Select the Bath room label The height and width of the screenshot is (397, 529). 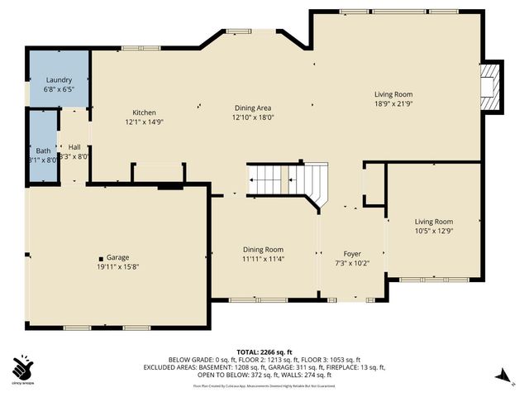point(43,151)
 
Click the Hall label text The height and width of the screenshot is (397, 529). point(74,146)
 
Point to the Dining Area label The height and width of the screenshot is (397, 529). point(252,108)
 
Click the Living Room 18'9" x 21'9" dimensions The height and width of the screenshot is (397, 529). point(393,104)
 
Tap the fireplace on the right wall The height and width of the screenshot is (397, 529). point(493,85)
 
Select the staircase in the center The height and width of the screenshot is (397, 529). point(288,178)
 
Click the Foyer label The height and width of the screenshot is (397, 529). point(352,254)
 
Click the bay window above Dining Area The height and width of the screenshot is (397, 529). point(241,31)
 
